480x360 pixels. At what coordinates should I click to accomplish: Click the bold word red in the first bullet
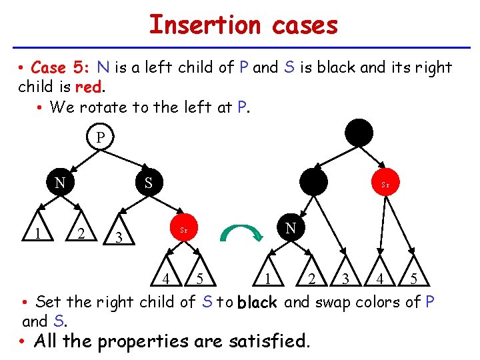[88, 87]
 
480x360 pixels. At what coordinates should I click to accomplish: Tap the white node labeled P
[100, 138]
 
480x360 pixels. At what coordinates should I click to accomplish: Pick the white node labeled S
[148, 182]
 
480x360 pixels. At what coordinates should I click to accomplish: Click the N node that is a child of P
[59, 182]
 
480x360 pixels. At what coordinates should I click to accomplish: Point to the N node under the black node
[291, 229]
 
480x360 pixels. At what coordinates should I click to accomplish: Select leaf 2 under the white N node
[80, 233]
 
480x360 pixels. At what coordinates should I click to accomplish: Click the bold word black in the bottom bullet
[257, 303]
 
